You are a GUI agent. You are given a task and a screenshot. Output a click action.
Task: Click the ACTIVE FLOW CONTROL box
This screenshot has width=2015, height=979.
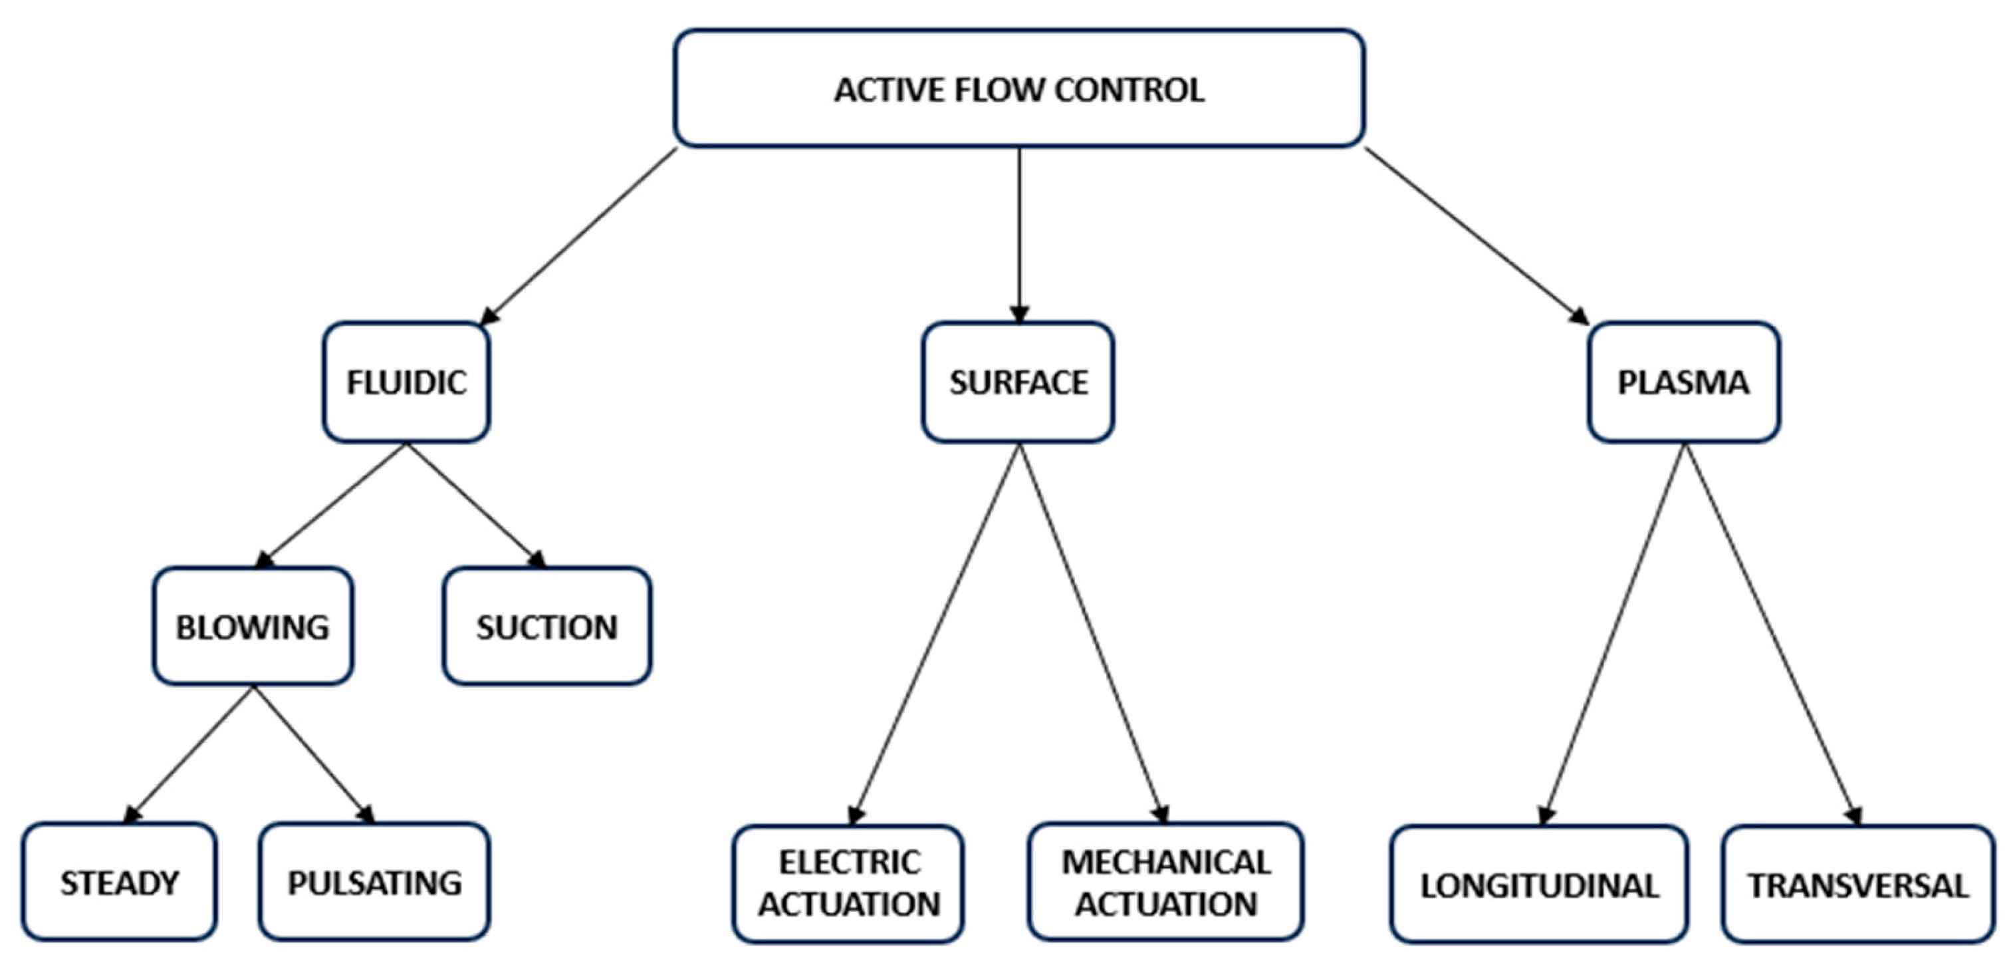(1019, 88)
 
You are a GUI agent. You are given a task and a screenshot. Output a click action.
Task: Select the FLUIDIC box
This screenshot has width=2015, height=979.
(407, 382)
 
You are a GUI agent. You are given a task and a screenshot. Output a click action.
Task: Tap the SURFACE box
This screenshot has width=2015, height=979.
(1018, 382)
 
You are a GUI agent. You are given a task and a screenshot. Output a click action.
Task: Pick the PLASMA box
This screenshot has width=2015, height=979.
(1684, 382)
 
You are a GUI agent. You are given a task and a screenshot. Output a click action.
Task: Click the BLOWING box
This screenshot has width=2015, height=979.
(253, 626)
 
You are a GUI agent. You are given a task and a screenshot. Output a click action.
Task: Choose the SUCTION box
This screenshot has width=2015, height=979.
(546, 626)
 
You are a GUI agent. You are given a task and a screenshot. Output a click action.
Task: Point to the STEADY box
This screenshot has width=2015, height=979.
(119, 881)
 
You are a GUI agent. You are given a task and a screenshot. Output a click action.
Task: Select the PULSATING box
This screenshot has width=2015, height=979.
(375, 881)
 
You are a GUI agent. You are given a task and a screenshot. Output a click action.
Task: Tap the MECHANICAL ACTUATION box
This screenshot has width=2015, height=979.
(1165, 882)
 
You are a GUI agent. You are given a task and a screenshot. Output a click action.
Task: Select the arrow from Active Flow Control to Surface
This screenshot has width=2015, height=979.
(1019, 235)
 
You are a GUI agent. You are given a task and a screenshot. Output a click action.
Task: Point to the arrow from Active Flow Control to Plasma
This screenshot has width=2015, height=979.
(1477, 235)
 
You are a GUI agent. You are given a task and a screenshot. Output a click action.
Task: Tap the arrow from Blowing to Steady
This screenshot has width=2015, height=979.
(189, 754)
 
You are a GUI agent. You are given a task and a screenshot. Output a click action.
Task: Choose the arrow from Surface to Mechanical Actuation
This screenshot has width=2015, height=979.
(1093, 634)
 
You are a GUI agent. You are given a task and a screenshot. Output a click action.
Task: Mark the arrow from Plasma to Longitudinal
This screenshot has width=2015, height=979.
(1613, 634)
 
